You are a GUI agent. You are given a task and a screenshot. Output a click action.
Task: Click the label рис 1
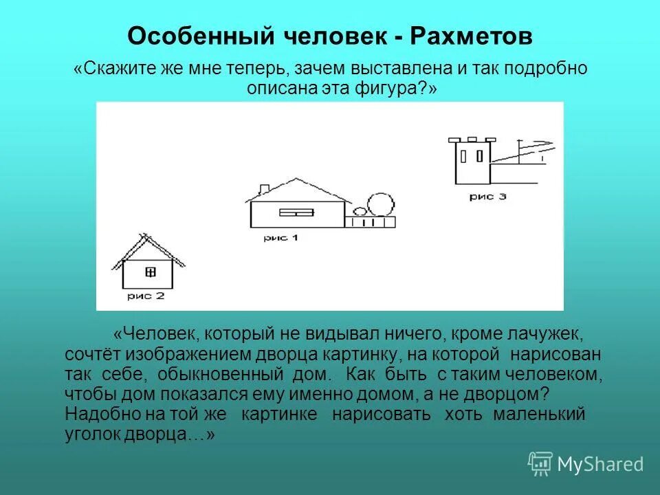[281, 238]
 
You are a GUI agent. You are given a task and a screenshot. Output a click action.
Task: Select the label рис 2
[146, 296]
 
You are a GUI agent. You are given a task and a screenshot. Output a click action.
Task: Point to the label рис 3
[488, 197]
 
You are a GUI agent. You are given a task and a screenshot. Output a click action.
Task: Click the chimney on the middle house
[263, 189]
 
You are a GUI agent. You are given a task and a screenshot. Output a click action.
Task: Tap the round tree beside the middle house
[380, 205]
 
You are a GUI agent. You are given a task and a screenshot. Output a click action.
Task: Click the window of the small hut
[151, 272]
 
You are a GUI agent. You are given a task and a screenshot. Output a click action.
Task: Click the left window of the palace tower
[463, 155]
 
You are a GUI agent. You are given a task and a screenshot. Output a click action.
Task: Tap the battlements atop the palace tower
[471, 140]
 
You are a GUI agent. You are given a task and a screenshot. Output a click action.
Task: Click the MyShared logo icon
[540, 463]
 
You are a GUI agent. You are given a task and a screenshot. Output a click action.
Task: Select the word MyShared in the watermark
[600, 464]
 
